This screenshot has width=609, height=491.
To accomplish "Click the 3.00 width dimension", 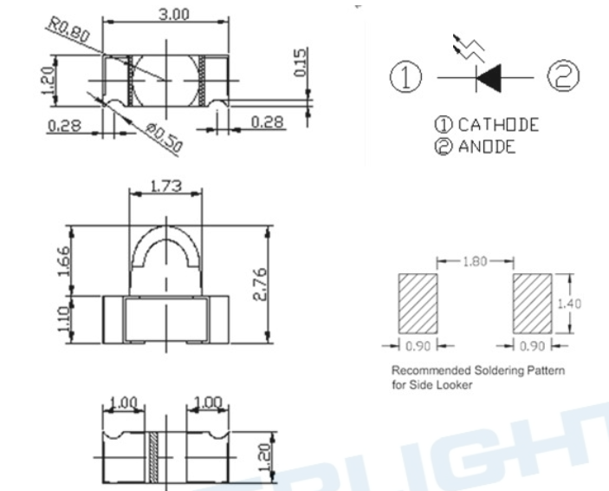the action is [x=174, y=15].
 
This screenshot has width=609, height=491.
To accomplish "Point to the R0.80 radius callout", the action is [x=68, y=30].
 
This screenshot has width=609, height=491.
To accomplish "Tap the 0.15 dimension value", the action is [x=301, y=62].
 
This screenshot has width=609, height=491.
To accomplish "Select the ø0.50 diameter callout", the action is [x=165, y=138].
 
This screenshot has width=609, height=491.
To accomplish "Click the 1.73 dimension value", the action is [x=165, y=186].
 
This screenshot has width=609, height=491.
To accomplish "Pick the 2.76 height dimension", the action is [x=261, y=284].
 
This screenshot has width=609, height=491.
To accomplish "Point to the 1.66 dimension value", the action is [x=64, y=261].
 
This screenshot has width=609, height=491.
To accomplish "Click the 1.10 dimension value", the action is [x=64, y=319].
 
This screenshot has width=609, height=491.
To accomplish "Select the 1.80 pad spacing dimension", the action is [x=475, y=261].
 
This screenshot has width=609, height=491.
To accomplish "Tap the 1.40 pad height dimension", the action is [x=569, y=304].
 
